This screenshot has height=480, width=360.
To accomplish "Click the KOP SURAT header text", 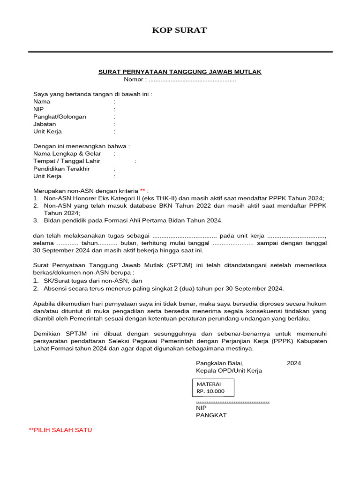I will pos(180,30).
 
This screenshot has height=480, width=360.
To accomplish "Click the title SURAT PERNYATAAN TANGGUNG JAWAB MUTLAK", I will pos(180,72).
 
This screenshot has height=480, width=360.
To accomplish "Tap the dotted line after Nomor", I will pos(192,80).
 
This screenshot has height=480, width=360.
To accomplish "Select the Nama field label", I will pos(42,101).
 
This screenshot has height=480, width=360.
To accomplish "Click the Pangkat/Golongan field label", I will pos(60,116).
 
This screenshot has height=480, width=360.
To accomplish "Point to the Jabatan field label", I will pos(45,124).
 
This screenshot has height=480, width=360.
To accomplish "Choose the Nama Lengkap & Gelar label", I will pos(67,153).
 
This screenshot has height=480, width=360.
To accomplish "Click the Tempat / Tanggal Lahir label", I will pos(67,161).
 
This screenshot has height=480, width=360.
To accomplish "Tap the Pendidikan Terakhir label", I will pos(61,168).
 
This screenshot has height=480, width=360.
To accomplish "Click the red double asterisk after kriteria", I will pos(143,191).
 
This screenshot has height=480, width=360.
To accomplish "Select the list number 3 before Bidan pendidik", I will pos(36,220).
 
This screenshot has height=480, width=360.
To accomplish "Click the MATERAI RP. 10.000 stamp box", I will pos(213,387).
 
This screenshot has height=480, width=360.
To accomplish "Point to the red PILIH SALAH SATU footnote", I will pos(60,430).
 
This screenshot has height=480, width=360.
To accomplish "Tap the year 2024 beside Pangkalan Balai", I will pos(294,363).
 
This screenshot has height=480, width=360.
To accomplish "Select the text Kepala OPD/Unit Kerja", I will pos(229,370).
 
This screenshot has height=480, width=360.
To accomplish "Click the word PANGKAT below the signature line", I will pos(211,415).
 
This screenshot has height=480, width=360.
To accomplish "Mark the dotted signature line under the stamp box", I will pos(232,401).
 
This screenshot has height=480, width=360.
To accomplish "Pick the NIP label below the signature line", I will pos(201,407).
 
